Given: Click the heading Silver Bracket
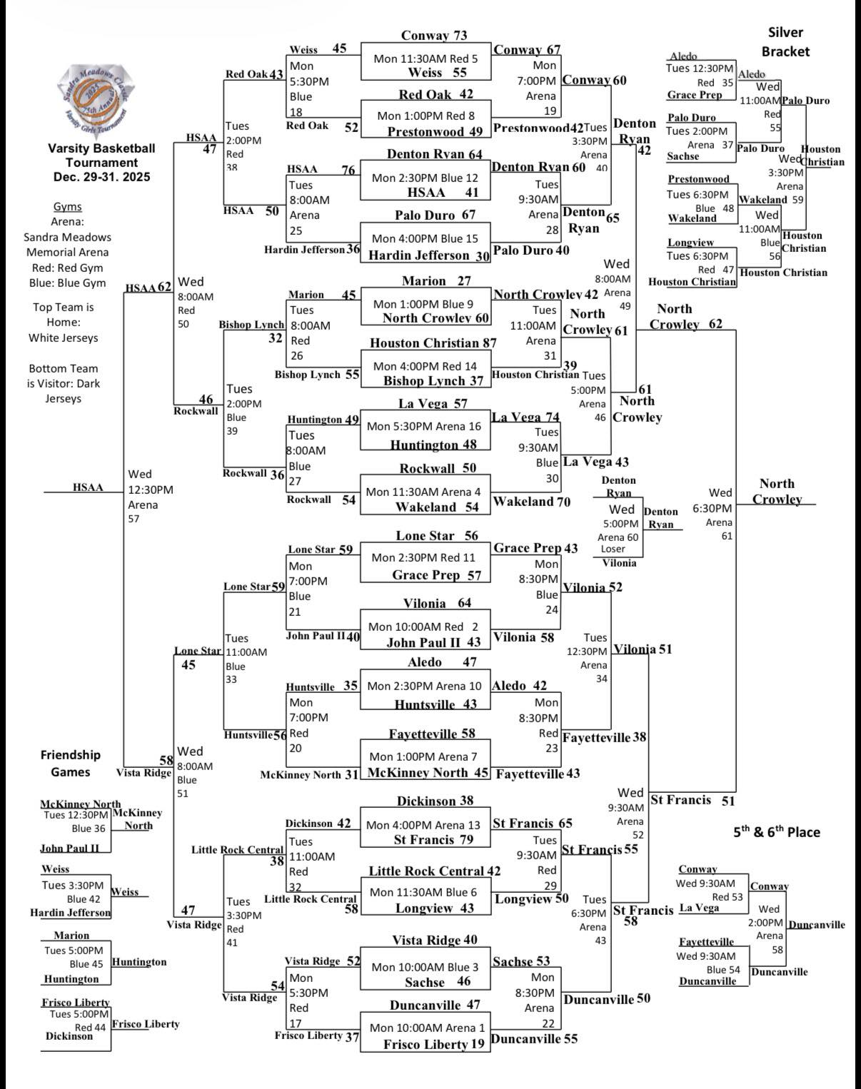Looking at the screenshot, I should [x=785, y=42].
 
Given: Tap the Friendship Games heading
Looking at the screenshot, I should [x=71, y=763].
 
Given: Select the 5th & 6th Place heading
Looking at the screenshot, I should [x=777, y=832].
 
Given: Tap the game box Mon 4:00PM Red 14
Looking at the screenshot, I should [x=426, y=366].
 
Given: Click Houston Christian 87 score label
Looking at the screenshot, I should [x=433, y=343].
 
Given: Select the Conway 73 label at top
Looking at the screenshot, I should [x=434, y=36].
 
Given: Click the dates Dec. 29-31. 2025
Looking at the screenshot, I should [x=101, y=177].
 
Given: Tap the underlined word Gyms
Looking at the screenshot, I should [x=68, y=207].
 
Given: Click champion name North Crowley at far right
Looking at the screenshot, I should [x=777, y=492].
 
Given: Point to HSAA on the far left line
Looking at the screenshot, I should [x=88, y=487].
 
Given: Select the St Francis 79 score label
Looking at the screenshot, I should [x=433, y=839].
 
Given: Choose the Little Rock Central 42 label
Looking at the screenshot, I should [x=434, y=871].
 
